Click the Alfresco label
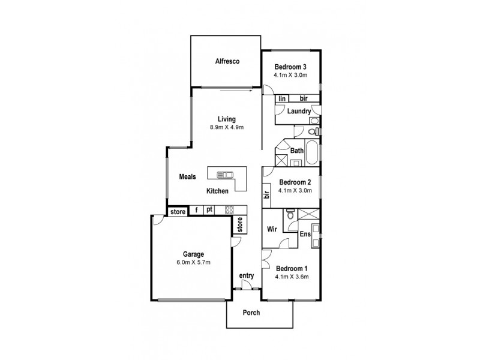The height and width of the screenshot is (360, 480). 227,61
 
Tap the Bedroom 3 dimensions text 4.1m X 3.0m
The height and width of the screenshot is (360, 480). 290,75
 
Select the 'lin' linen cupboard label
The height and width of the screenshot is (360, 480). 281,98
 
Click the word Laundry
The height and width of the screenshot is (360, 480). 298,111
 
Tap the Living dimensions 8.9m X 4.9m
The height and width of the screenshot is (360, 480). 226,127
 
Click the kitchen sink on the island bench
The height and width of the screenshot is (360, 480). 224,175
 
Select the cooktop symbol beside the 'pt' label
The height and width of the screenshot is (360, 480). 229,210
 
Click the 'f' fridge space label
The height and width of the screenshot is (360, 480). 196,210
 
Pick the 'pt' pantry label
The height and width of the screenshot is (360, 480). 209,210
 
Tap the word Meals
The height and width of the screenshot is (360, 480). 188,177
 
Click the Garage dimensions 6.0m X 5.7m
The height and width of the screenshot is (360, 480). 189,263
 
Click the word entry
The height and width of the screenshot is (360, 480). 247,276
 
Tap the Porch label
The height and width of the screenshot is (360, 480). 251,313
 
